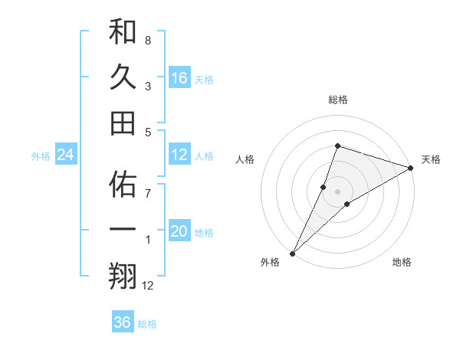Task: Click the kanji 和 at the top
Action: point(123,33)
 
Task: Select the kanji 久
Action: point(123,77)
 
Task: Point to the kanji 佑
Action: point(123,184)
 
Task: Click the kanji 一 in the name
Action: point(123,230)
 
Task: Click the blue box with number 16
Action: point(179,78)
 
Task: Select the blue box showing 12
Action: point(179,155)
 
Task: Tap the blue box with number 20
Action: point(179,232)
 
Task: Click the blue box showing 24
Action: point(66,155)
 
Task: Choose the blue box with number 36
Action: point(123,322)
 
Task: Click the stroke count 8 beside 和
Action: point(148,39)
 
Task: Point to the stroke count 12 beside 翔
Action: point(148,286)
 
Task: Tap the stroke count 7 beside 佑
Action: point(148,193)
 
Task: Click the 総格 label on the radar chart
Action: point(337,100)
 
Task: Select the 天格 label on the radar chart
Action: point(431,159)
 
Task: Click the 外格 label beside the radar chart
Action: point(270,262)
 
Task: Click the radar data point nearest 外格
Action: point(293,253)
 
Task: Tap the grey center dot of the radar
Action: point(337,191)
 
